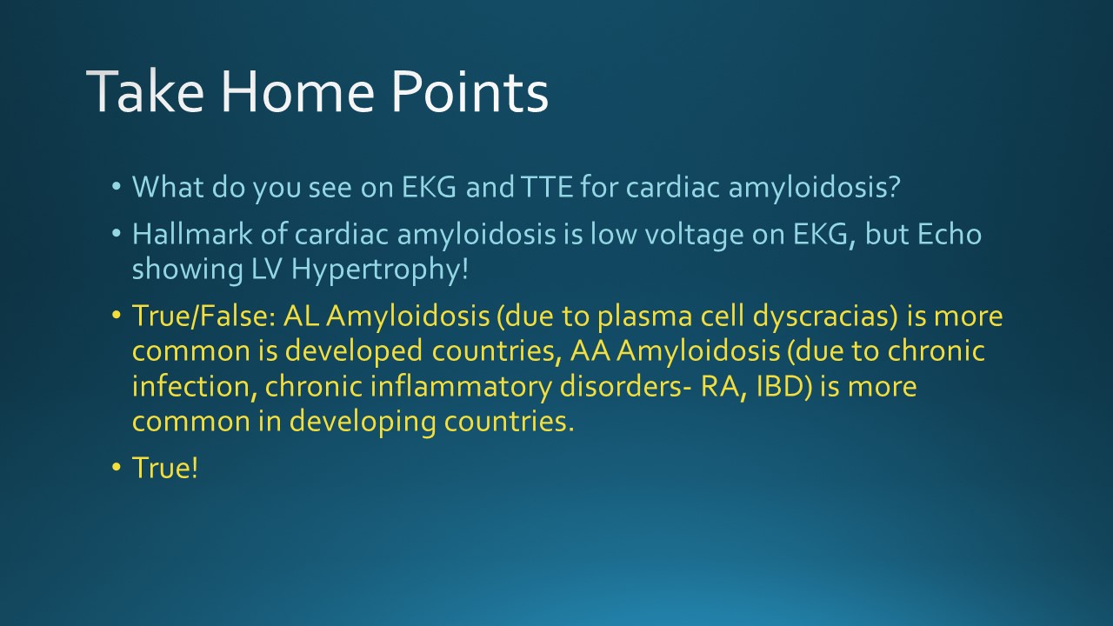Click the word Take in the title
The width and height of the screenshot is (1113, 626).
click(x=145, y=91)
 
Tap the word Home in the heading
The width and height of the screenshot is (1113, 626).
click(x=297, y=91)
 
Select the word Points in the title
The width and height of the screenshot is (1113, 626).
click(x=470, y=91)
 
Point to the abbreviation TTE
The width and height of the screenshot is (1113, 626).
click(x=547, y=187)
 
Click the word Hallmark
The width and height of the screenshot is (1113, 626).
click(x=192, y=234)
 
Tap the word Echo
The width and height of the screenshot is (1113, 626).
click(x=949, y=234)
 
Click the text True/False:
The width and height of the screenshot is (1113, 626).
click(x=203, y=316)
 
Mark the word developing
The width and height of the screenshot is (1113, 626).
click(x=363, y=423)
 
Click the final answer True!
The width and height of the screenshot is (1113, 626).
click(x=165, y=468)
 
